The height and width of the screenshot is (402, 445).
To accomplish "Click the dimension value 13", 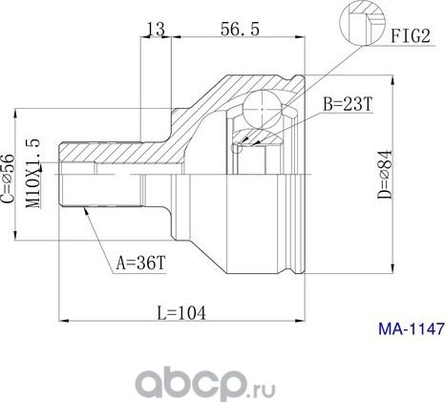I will pos(154,29).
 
